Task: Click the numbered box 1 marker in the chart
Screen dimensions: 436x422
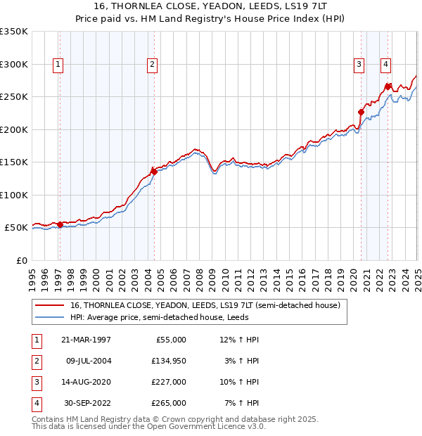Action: point(58,65)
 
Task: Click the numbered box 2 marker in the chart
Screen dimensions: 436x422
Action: point(151,65)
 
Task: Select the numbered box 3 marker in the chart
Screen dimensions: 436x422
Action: point(359,65)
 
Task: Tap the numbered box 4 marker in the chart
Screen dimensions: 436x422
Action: point(386,65)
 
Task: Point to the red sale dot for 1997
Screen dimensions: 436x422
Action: point(60,224)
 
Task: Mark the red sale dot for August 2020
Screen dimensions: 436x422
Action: point(361,112)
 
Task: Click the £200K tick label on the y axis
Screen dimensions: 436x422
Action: point(13,129)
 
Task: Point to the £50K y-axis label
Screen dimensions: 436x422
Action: point(16,228)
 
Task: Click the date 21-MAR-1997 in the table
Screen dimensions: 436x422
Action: point(86,340)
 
